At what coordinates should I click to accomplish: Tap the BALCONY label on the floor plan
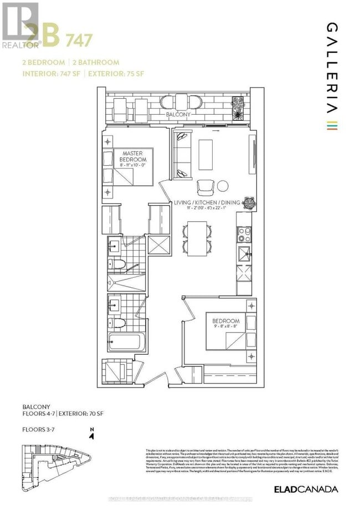coord(178,114)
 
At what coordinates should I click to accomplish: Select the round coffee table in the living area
coord(223,186)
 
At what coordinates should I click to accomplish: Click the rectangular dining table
coord(197,238)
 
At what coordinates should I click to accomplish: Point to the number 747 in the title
coord(79,40)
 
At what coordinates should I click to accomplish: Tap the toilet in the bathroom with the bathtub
coord(118,322)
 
